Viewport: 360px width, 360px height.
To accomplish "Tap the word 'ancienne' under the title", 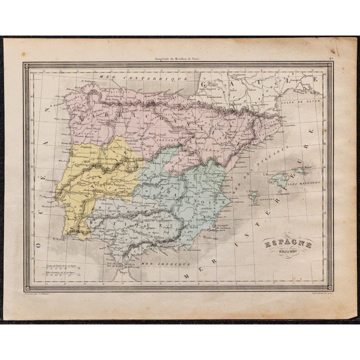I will [287, 253].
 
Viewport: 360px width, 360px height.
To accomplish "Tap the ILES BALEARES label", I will [306, 183].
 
